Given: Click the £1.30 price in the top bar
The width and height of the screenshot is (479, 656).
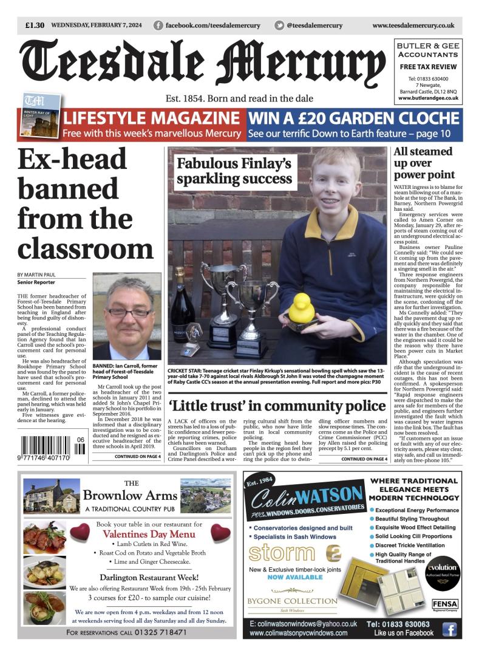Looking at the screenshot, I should click(x=35, y=26).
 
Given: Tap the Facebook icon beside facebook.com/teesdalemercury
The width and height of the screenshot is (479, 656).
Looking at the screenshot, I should click(x=158, y=26).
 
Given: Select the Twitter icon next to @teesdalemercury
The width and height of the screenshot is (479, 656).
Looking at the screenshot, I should click(x=279, y=26).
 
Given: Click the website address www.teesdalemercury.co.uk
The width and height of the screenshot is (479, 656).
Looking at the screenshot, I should click(x=413, y=26).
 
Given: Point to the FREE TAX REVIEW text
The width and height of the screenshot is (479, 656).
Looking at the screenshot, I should click(x=428, y=66).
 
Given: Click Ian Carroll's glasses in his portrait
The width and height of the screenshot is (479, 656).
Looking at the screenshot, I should click(x=129, y=312).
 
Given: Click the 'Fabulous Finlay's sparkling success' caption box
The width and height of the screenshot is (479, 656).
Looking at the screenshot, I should click(x=233, y=171).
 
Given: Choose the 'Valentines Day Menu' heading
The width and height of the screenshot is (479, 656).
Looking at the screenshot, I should click(x=149, y=535).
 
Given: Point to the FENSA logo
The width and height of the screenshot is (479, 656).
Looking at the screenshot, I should click(x=444, y=604).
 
